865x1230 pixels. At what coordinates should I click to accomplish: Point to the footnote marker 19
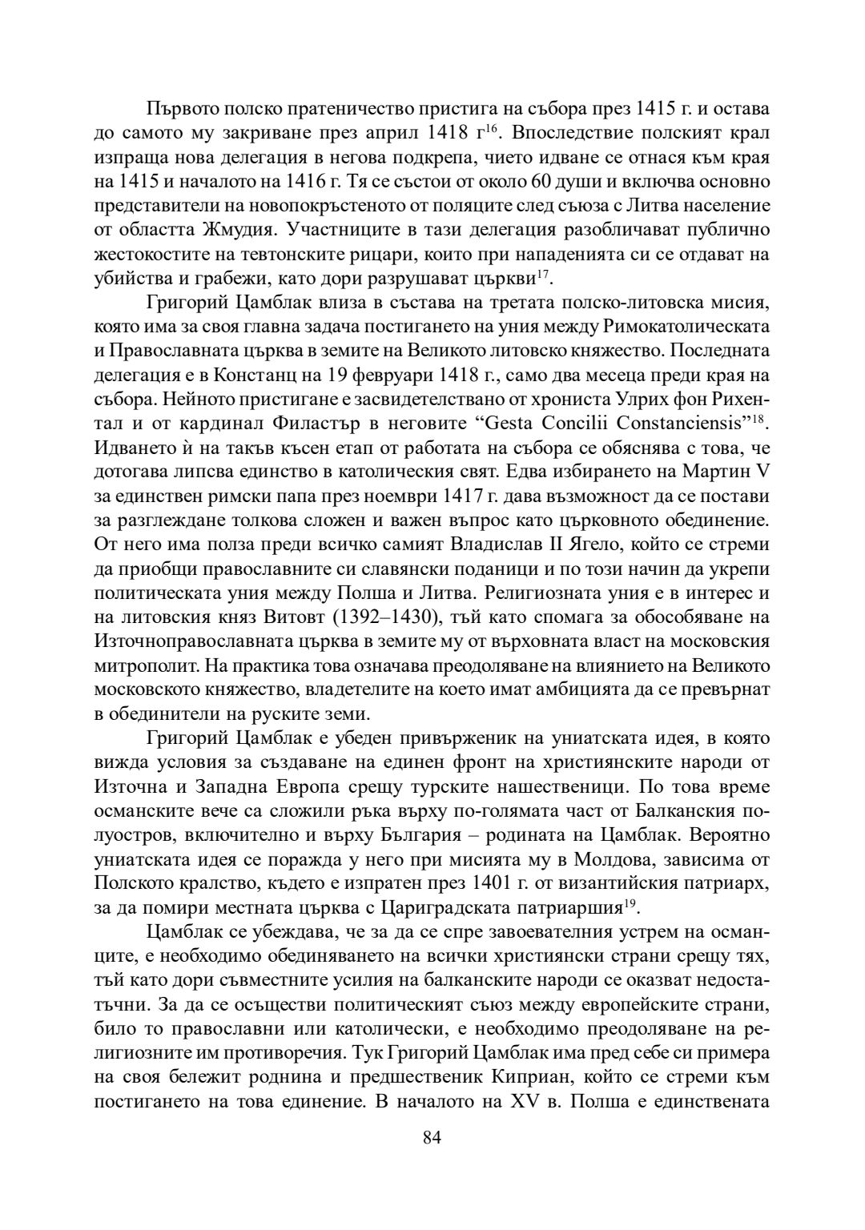click(x=634, y=903)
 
